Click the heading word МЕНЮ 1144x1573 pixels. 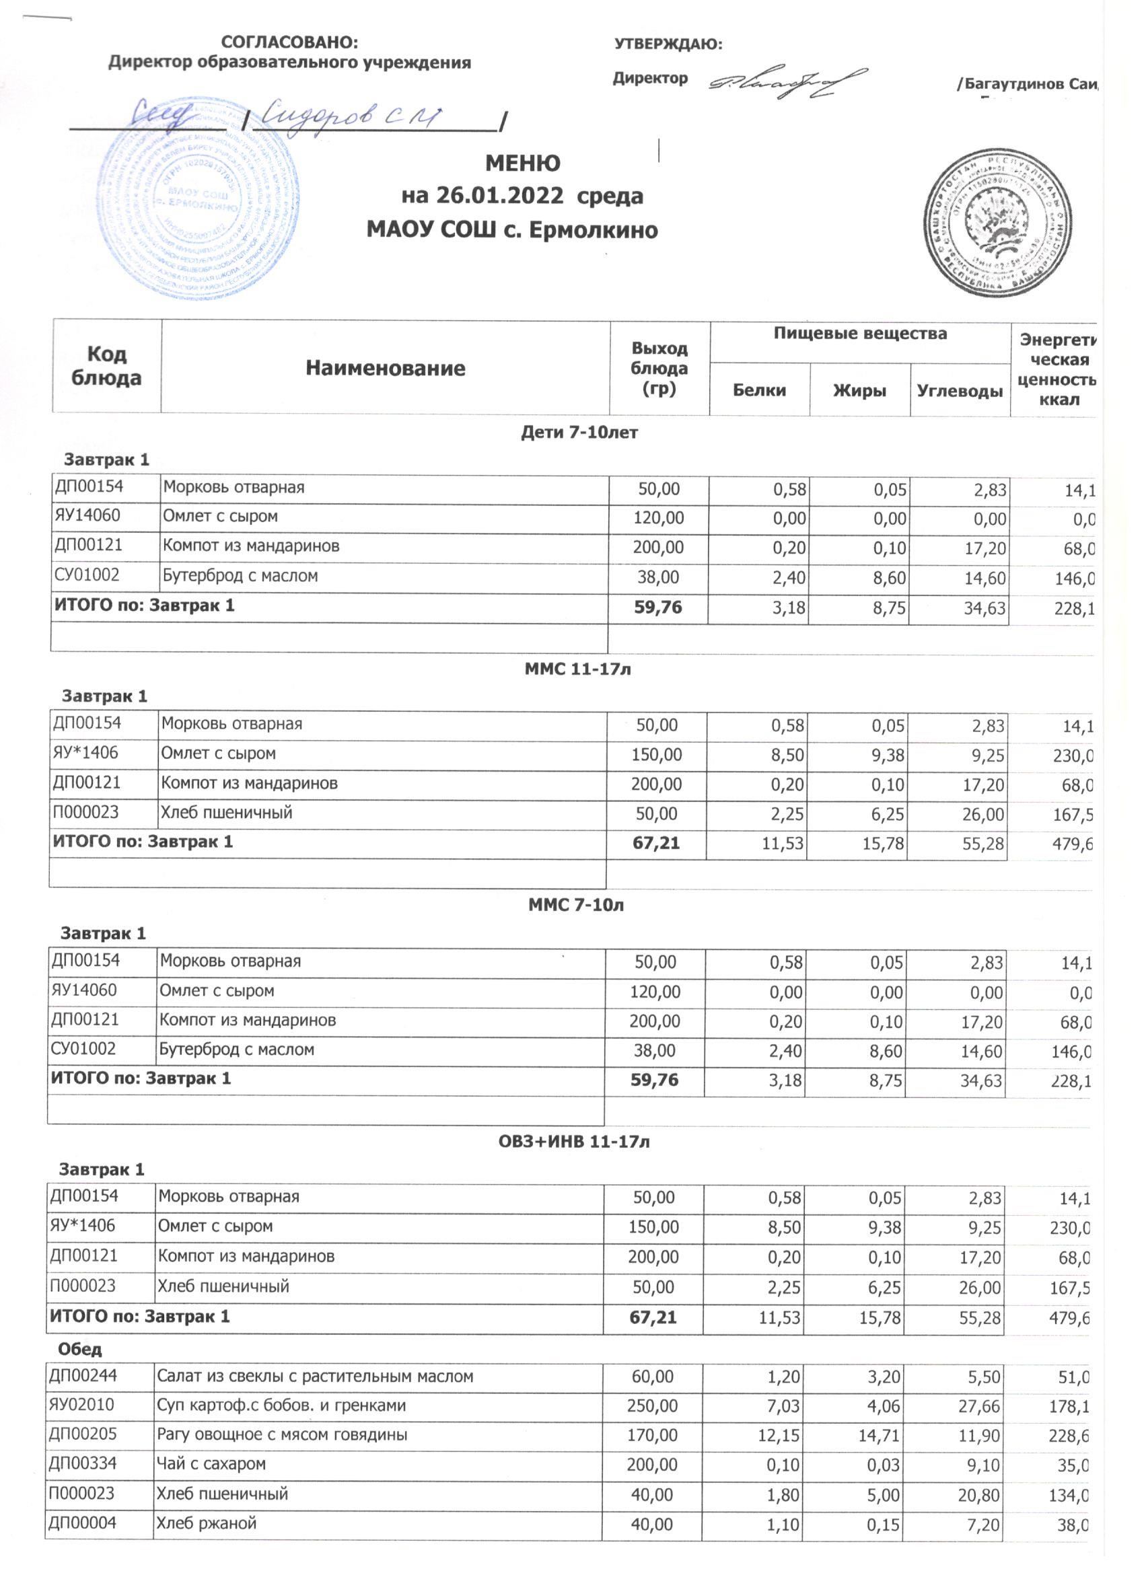pos(522,163)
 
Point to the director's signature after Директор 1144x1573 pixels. pos(787,84)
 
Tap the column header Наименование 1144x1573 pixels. pos(385,367)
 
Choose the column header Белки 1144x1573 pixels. pos(759,390)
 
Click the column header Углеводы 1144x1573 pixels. pos(960,391)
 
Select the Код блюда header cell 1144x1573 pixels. pos(106,365)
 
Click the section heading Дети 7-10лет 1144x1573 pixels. pos(579,433)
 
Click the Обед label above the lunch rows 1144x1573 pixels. pos(81,1349)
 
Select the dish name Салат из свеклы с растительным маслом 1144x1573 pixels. pos(315,1377)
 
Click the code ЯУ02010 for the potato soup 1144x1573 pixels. pos(81,1406)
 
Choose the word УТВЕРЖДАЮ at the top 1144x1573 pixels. pos(668,45)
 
